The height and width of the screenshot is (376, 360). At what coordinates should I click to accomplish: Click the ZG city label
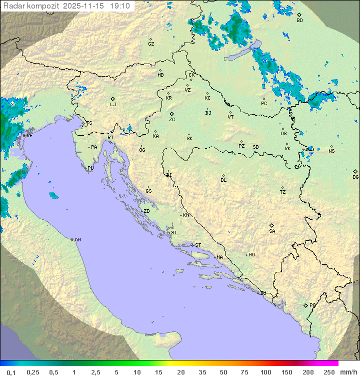[x=172, y=120]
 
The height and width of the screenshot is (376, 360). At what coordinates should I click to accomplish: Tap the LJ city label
[x=113, y=104]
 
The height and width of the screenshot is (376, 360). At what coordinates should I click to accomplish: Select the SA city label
[x=272, y=231]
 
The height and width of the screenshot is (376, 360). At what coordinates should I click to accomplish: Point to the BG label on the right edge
[x=355, y=177]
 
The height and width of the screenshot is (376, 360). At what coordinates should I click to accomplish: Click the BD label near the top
[x=299, y=21]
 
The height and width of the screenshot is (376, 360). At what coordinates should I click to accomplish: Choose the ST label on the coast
[x=198, y=245]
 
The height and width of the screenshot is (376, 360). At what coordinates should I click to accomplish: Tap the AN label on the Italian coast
[x=77, y=240]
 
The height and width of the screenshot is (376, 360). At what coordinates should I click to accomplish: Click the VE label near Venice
[x=29, y=136]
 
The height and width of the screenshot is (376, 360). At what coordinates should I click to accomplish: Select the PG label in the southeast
[x=312, y=305]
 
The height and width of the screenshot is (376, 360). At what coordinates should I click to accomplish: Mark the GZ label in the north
[x=151, y=44]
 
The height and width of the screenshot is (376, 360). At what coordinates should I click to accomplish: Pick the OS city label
[x=283, y=134]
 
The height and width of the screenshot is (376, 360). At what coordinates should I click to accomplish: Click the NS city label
[x=331, y=151]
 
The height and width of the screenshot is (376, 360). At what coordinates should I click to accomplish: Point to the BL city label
[x=223, y=180]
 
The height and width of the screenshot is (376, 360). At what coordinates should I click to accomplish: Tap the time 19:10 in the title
[x=120, y=6]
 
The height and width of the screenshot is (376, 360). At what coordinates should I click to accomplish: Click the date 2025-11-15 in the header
[x=85, y=6]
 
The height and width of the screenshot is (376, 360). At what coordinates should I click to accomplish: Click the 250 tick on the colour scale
[x=329, y=372]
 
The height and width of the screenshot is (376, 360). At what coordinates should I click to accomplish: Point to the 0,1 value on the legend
[x=11, y=372]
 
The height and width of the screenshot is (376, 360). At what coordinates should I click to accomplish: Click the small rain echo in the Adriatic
[x=53, y=195]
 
